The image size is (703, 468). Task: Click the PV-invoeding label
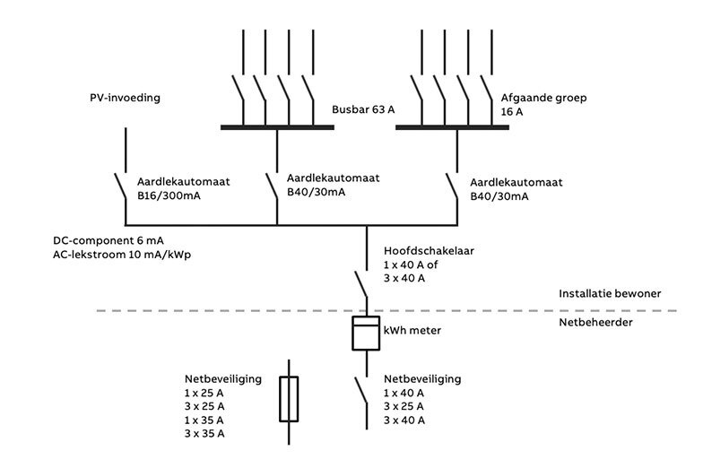tap(126, 98)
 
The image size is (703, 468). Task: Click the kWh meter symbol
tap(366, 332)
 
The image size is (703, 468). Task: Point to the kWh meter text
tap(412, 331)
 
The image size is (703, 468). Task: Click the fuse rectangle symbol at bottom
tap(289, 399)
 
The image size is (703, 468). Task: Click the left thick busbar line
tap(277, 127)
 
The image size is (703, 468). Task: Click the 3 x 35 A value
tap(204, 434)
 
